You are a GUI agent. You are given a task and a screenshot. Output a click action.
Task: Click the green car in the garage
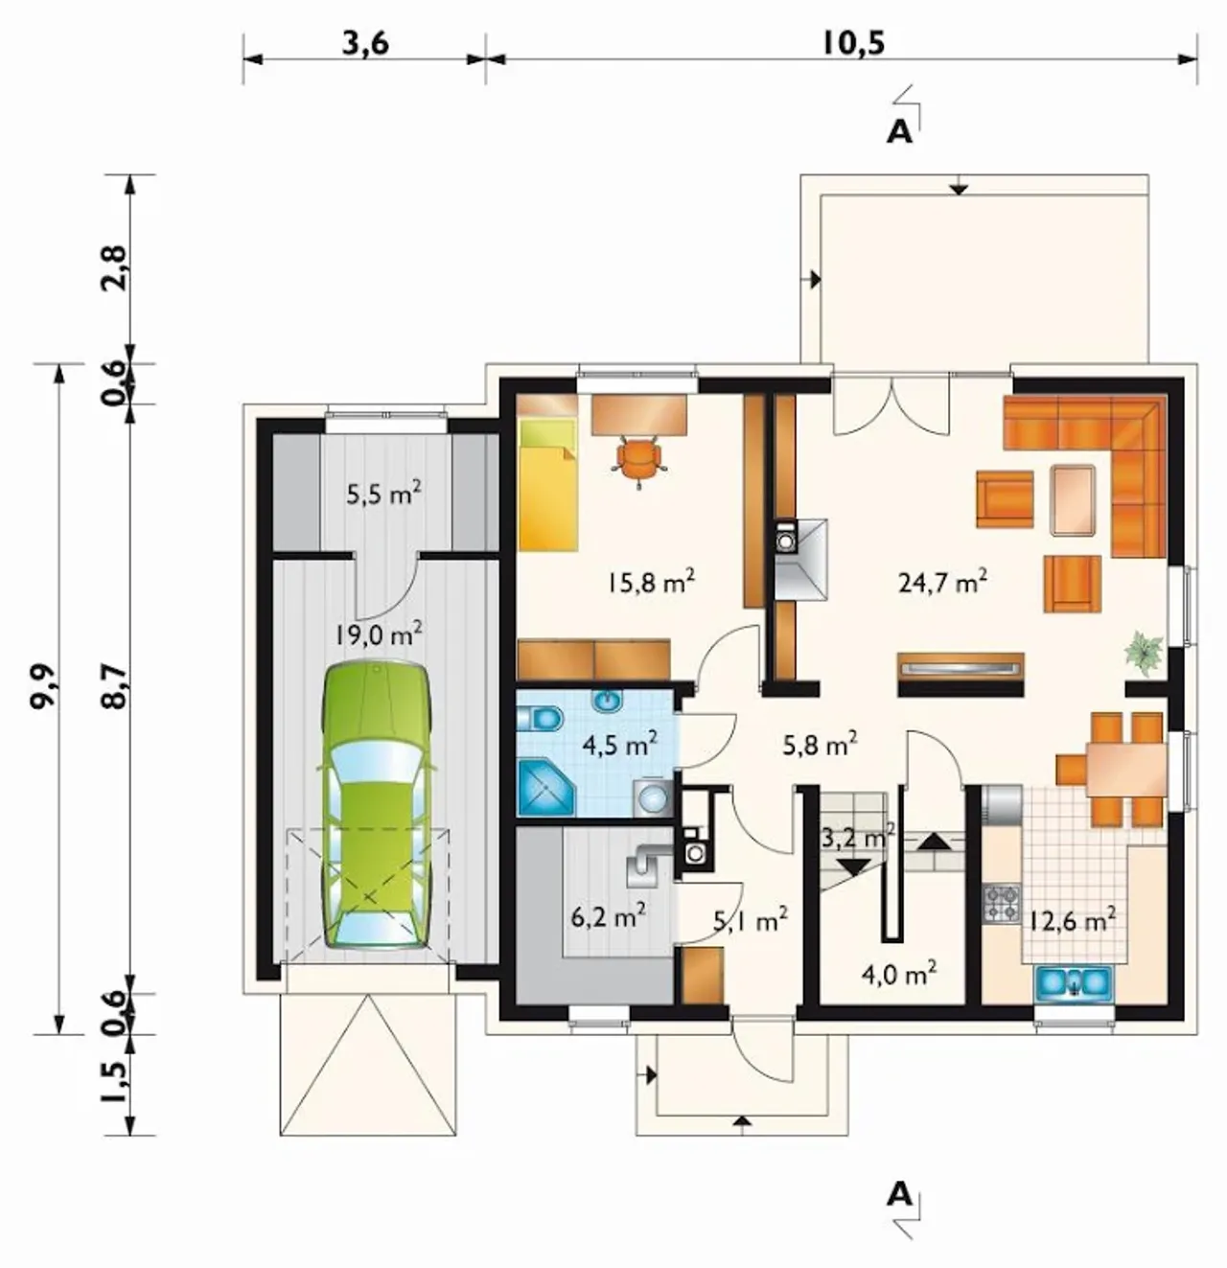coord(376,805)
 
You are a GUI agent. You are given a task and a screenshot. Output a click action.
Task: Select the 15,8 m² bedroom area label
coord(650,581)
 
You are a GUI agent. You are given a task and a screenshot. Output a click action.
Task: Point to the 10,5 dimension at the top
coord(853,44)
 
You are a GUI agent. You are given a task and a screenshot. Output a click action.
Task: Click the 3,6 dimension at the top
coord(365,44)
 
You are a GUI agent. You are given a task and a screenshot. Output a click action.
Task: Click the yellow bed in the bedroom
coord(547,485)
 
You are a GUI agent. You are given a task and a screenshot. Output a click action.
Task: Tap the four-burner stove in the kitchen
coord(1002,903)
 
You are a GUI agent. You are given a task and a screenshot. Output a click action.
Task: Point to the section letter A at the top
coord(899,132)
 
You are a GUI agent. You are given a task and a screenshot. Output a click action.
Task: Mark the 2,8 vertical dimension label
coord(116,268)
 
